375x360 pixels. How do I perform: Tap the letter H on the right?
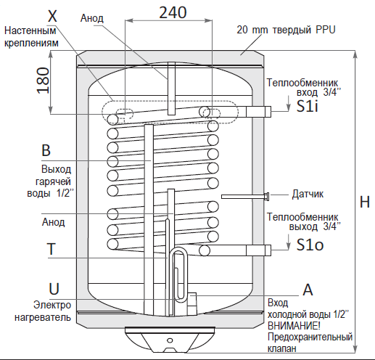point(364,204)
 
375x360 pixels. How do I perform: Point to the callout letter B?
point(46,151)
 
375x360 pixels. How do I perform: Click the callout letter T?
point(51,249)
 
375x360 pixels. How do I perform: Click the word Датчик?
point(308,195)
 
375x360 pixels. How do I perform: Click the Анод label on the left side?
point(53,221)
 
